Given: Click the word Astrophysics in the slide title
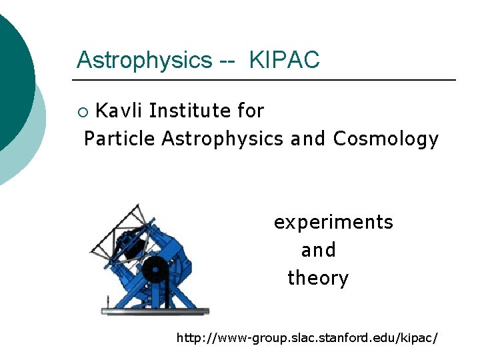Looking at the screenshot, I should pyautogui.click(x=144, y=61).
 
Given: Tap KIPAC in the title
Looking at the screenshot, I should pyautogui.click(x=284, y=60).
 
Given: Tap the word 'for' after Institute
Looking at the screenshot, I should pyautogui.click(x=251, y=111).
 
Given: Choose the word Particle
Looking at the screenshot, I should pyautogui.click(x=120, y=139).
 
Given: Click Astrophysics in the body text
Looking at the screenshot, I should pyautogui.click(x=223, y=139).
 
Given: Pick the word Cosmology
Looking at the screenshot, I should pyautogui.click(x=386, y=139).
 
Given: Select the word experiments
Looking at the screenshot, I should pyautogui.click(x=333, y=222).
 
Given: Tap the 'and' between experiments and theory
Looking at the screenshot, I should pyautogui.click(x=318, y=251).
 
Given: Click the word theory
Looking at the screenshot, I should pyautogui.click(x=318, y=278).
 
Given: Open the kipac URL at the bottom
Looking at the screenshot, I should pyautogui.click(x=307, y=338).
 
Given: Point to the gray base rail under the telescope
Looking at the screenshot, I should pyautogui.click(x=155, y=311).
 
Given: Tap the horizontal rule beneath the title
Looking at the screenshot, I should pyautogui.click(x=263, y=80).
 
